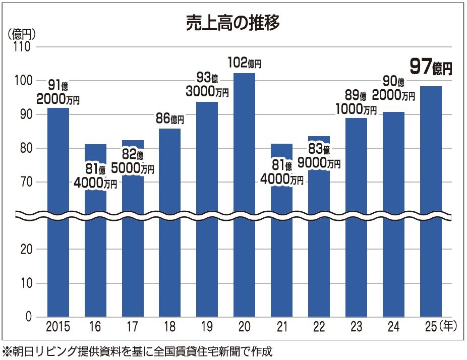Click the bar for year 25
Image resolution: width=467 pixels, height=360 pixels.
tap(431, 202)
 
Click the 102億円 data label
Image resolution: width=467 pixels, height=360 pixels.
tap(244, 64)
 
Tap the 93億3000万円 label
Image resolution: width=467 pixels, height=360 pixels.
tap(207, 85)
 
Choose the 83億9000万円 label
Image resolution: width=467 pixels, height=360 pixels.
tap(319, 156)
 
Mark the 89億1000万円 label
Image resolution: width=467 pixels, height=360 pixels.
tap(356, 102)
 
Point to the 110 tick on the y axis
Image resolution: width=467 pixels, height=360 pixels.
tap(23, 47)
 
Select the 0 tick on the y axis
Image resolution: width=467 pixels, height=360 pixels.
tap(28, 317)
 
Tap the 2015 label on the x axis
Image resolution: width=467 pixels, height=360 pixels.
tap(58, 328)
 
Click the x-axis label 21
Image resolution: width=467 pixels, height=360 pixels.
tap(281, 328)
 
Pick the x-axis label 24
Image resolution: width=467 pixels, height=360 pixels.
tap(393, 328)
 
